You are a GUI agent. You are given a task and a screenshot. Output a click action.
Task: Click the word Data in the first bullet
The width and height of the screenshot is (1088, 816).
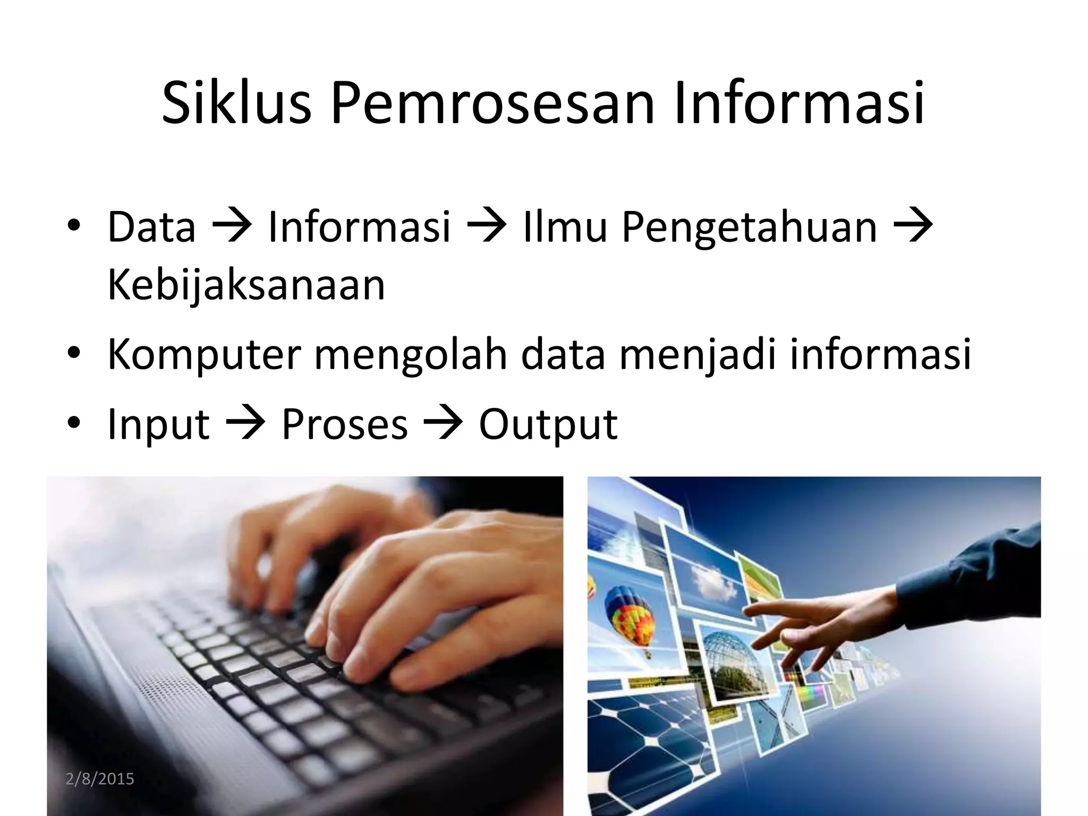click(152, 227)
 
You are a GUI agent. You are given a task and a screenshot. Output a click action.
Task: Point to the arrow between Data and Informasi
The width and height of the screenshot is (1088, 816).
click(232, 227)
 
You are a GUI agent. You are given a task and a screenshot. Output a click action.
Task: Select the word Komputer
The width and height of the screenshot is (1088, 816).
click(204, 355)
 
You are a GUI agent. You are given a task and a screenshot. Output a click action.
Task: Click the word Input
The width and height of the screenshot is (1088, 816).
click(158, 425)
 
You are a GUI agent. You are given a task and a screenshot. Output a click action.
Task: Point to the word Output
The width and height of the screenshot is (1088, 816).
click(548, 425)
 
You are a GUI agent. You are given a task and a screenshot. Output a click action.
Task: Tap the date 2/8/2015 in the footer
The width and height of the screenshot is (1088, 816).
click(100, 779)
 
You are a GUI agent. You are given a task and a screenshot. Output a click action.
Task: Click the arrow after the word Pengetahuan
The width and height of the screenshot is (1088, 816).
click(913, 227)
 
